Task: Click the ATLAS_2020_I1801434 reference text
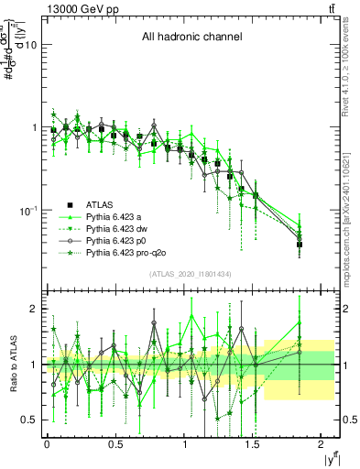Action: point(190,275)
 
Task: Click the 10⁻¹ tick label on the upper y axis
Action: point(27,211)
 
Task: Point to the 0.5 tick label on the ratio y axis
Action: point(29,420)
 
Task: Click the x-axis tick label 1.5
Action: point(254,444)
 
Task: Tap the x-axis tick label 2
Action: point(322,444)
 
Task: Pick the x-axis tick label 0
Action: point(47,444)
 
